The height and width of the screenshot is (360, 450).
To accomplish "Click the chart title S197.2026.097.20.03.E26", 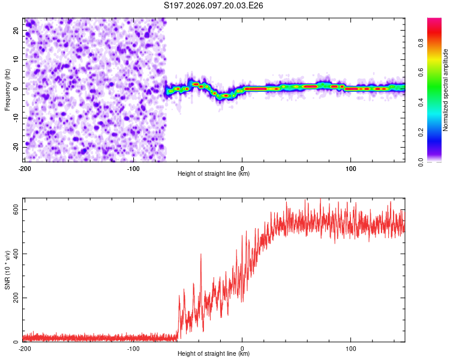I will (x=214, y=5).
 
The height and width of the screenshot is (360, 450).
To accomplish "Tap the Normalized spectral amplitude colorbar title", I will (x=446, y=91).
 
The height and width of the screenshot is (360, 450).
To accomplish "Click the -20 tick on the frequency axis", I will (x=16, y=146).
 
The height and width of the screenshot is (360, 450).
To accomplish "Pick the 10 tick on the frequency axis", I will (x=17, y=59).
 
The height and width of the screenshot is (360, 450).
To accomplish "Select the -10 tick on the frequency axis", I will (x=16, y=118).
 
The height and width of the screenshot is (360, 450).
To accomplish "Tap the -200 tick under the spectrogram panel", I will (x=25, y=168).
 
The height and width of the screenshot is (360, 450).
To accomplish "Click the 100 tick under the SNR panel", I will (x=350, y=349).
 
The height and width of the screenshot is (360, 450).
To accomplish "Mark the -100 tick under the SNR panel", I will (x=133, y=349).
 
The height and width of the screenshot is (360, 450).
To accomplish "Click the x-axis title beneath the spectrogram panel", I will (x=214, y=174).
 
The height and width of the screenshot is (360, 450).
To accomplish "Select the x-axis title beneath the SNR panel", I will (x=214, y=354).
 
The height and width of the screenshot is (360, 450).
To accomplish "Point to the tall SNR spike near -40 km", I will (x=201, y=255).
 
